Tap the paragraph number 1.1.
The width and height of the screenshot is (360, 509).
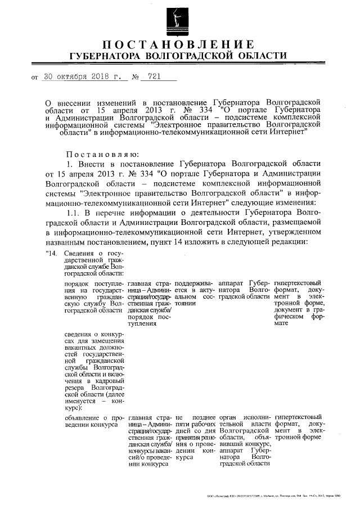pos(74,211)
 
